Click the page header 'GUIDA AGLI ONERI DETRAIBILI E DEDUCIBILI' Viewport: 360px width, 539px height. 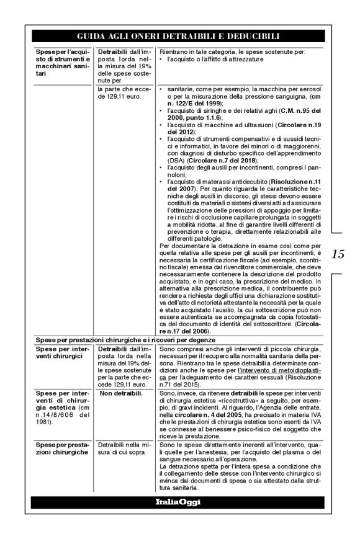(x=179, y=37)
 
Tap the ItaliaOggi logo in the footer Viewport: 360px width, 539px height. (x=179, y=501)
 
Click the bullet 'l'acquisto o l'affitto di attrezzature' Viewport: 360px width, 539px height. (x=210, y=59)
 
